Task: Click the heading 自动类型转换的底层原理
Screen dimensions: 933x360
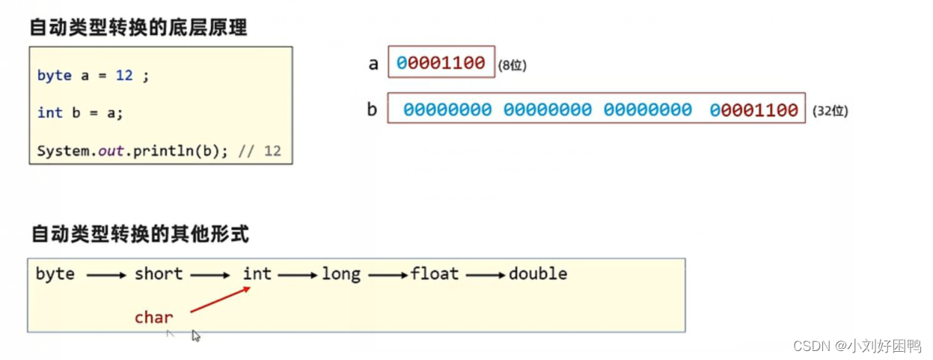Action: click(138, 28)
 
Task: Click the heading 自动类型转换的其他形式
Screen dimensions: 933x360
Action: click(139, 234)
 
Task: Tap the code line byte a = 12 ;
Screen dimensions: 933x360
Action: click(93, 76)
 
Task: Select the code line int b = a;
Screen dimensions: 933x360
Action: click(80, 112)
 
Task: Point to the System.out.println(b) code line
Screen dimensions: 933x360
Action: click(159, 150)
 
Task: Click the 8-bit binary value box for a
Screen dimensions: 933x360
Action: click(441, 63)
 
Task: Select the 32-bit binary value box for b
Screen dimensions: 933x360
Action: click(596, 110)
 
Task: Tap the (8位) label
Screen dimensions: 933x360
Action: click(513, 66)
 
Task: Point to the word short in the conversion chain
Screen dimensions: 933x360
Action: click(159, 274)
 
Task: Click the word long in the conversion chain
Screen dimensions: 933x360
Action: click(341, 274)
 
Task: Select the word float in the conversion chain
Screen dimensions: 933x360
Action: click(435, 274)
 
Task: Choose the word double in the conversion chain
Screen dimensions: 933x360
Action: click(538, 274)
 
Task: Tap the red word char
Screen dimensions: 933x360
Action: click(154, 317)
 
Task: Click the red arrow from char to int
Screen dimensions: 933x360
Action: click(219, 299)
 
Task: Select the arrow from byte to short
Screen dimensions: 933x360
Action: click(106, 275)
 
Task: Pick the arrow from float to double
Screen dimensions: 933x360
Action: click(486, 275)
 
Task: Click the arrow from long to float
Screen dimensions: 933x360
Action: click(388, 275)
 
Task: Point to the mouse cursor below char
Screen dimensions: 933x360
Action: click(196, 336)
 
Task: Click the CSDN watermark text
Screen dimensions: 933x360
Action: click(857, 346)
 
